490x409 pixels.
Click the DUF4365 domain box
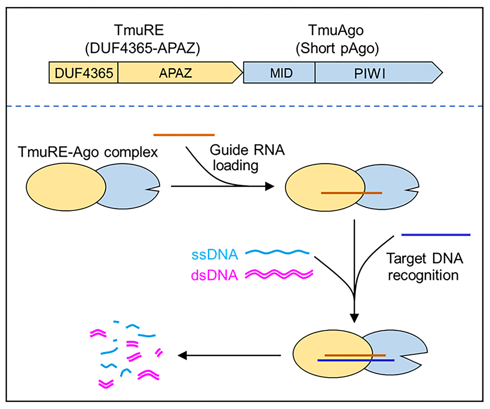(83, 73)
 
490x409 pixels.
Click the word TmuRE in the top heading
(139, 30)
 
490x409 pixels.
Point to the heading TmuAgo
(336, 30)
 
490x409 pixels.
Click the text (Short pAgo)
(337, 48)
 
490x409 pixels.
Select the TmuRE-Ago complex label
(88, 152)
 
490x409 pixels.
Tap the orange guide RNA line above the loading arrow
(184, 135)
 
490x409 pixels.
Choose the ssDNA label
(215, 255)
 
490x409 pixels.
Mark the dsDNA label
(215, 275)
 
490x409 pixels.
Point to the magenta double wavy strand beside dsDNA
(279, 274)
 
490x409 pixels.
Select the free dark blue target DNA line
(436, 234)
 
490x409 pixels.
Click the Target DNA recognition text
(424, 266)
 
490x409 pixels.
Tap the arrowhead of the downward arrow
(354, 317)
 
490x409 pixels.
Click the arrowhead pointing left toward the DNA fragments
(182, 355)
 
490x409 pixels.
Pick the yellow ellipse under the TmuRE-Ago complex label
(66, 187)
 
